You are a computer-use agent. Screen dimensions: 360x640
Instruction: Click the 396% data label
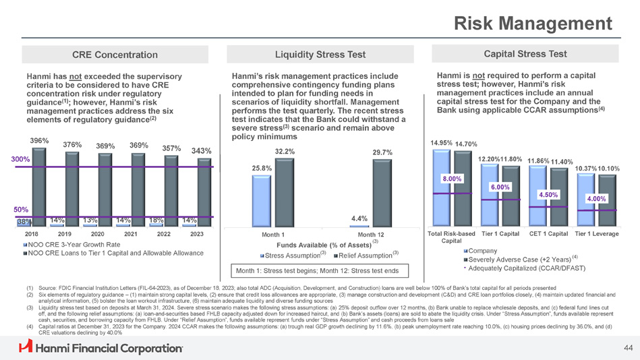point(39,140)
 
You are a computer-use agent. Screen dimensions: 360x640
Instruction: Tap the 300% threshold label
point(11,159)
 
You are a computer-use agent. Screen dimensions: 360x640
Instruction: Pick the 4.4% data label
point(359,218)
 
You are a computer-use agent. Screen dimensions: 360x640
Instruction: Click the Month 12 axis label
point(371,234)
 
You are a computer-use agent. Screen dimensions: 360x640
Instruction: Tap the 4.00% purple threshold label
point(598,198)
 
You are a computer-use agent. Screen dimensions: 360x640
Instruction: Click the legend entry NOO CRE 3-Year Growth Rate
point(74,244)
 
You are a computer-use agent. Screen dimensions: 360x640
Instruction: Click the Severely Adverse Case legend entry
point(518,260)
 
